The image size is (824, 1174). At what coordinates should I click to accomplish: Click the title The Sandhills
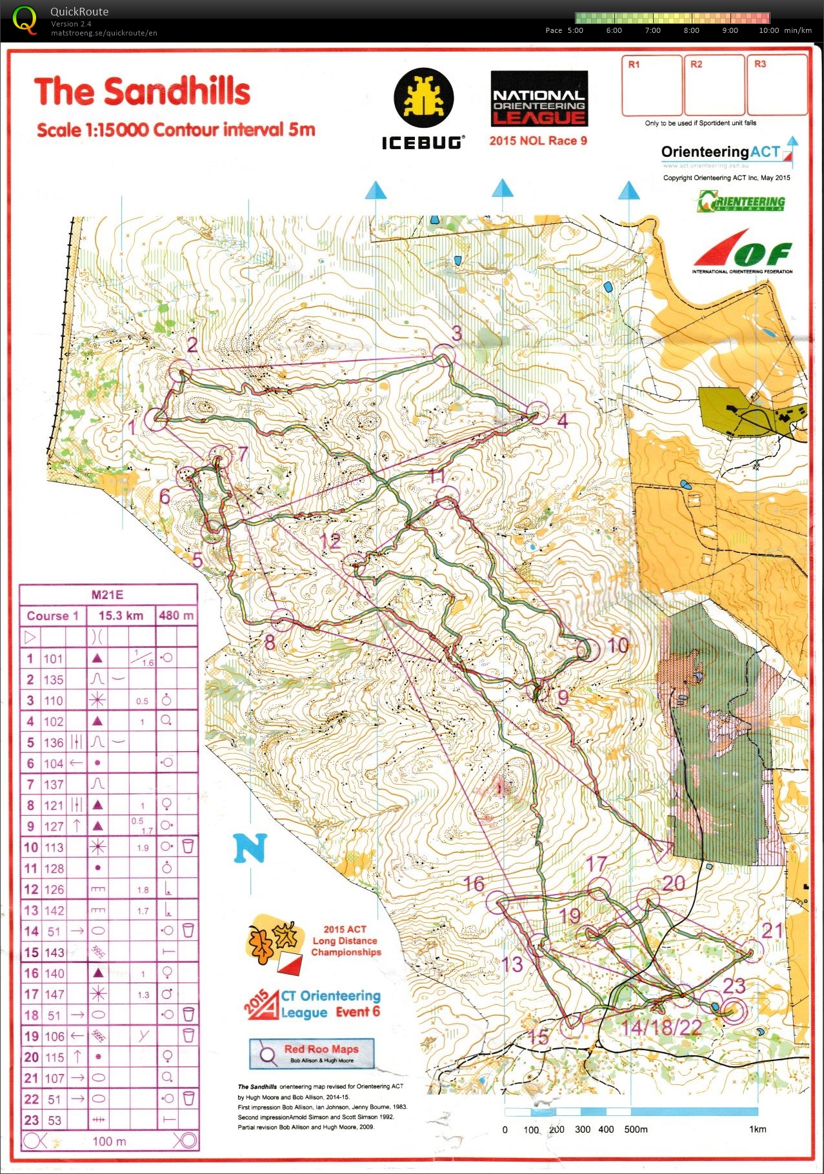[142, 92]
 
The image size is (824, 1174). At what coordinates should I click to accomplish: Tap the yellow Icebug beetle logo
[423, 99]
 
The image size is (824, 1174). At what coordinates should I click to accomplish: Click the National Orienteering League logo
[539, 99]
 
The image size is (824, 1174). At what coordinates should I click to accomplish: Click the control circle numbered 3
[444, 356]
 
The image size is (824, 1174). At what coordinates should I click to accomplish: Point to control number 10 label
[618, 645]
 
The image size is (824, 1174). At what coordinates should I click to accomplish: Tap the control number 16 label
[474, 884]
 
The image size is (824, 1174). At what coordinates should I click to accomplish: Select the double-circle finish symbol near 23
[732, 1010]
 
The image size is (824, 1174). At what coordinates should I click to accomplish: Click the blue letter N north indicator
[250, 848]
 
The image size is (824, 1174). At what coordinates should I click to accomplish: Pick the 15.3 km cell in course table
[121, 616]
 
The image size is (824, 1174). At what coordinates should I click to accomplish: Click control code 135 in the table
[54, 680]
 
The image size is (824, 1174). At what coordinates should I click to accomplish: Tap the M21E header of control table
[107, 595]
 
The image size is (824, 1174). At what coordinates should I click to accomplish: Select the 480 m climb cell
[176, 616]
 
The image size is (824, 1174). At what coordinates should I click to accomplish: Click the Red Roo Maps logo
[312, 1053]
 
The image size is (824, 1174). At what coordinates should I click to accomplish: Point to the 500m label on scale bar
[636, 1129]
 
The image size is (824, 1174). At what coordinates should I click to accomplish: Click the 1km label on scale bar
[757, 1129]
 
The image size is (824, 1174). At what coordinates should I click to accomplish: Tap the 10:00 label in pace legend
[769, 30]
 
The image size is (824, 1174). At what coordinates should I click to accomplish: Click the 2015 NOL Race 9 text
[538, 141]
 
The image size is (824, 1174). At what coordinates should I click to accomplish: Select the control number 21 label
[772, 930]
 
